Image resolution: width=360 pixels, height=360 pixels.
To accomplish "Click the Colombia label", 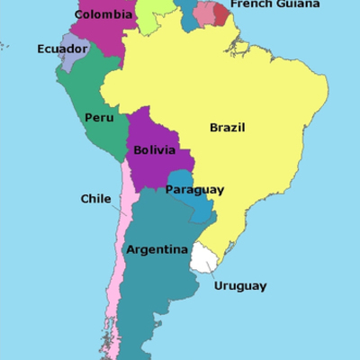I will [100, 14].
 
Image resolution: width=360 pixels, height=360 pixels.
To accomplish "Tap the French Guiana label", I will [274, 4].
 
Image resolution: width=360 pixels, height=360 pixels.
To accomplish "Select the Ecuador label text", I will [62, 49].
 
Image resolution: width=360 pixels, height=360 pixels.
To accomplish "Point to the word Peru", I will [98, 117].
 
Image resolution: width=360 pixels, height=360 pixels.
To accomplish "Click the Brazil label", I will [228, 127].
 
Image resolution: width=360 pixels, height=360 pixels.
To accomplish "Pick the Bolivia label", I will [154, 150].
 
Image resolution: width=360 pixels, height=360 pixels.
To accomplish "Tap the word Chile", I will [95, 199].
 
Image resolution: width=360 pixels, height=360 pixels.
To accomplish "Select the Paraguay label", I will [194, 190].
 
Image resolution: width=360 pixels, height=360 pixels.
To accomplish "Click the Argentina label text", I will [157, 249].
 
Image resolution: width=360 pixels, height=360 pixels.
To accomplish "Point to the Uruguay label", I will [240, 286].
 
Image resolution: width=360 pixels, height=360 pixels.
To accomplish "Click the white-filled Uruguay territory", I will [204, 260].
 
